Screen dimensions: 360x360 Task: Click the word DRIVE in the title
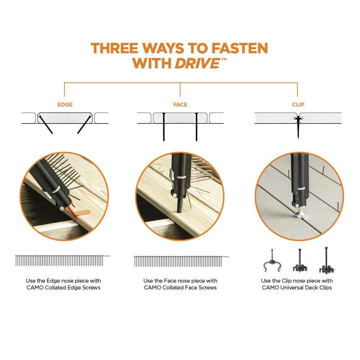(x=197, y=63)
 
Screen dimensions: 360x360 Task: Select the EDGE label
(x=65, y=105)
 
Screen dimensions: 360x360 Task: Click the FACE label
(x=180, y=105)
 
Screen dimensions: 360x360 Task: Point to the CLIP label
(x=298, y=105)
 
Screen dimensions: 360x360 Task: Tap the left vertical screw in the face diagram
(x=164, y=127)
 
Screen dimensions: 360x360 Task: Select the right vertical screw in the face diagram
(x=197, y=127)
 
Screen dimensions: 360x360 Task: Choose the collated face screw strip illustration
(x=181, y=261)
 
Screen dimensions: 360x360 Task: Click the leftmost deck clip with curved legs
(x=272, y=261)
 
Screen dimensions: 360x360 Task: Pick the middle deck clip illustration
(x=300, y=261)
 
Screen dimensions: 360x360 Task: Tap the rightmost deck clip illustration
(x=327, y=261)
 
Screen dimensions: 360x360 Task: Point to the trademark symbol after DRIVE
(x=224, y=59)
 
